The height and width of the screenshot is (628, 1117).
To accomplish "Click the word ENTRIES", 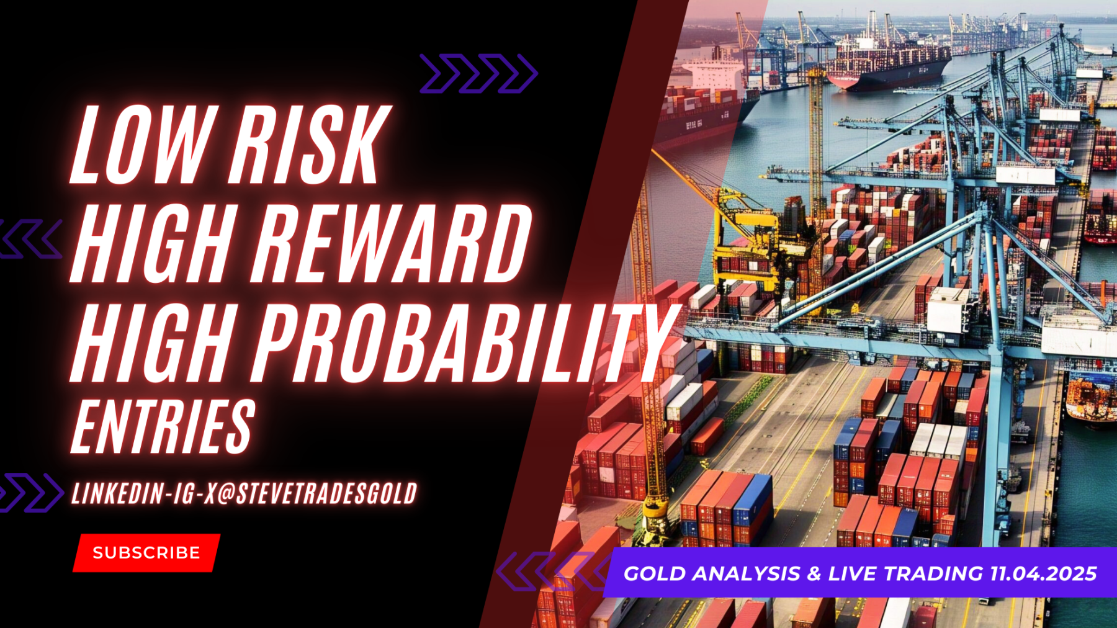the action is (163, 426).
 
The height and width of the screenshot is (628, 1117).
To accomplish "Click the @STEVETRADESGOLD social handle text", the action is (317, 494).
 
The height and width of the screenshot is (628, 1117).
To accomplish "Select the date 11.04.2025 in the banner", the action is (1043, 573).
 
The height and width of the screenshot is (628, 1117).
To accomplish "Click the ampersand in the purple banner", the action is (814, 573).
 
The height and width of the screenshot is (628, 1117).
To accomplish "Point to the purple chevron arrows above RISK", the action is (478, 73).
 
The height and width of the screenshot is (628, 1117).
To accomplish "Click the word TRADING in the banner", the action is (933, 573).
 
